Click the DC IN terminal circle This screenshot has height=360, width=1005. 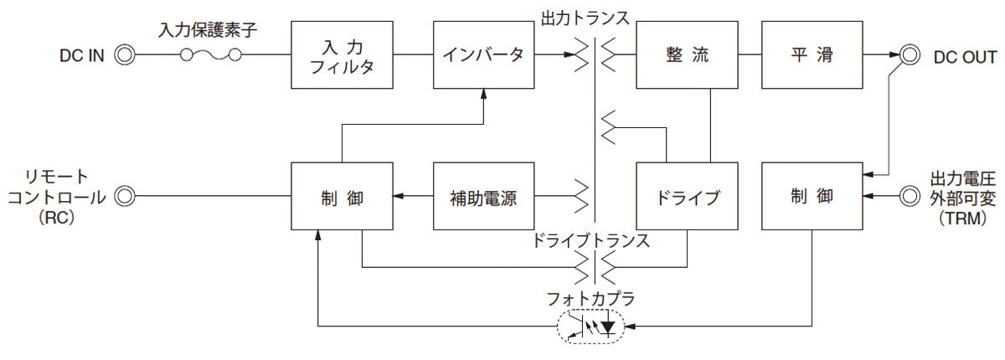tap(124, 56)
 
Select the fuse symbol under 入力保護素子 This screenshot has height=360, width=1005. tap(212, 56)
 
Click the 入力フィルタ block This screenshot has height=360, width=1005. tap(342, 55)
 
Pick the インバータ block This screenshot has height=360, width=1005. tap(483, 55)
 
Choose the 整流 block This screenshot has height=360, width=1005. tap(686, 55)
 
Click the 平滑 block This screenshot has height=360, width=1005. tap(812, 55)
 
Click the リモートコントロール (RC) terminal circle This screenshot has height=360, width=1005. tap(124, 197)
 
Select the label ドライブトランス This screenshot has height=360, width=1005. tap(591, 241)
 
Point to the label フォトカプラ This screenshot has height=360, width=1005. tap(591, 295)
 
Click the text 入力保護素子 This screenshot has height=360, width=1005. tap(208, 30)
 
